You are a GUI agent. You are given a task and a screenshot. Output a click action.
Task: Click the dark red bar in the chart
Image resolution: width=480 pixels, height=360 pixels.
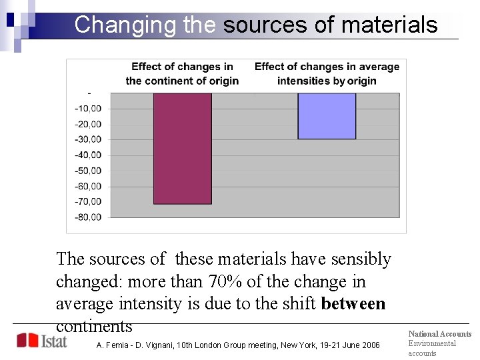coord(183,148)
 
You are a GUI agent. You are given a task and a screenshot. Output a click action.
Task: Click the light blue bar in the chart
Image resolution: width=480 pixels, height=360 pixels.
coord(327,116)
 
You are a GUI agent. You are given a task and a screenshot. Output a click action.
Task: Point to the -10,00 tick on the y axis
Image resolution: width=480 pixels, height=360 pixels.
coord(88,109)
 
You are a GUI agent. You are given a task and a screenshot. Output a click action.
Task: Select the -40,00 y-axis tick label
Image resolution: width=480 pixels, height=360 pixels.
coord(88,155)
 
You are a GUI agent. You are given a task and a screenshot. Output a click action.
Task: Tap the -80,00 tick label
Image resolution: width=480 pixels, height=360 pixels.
coord(88,217)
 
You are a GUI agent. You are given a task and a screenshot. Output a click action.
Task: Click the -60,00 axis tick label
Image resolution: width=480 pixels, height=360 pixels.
coord(88,186)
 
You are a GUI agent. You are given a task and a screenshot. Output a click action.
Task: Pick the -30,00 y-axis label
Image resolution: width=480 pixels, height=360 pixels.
coord(88,139)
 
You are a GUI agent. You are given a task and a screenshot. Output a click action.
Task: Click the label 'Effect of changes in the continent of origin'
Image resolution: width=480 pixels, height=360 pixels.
coord(182,74)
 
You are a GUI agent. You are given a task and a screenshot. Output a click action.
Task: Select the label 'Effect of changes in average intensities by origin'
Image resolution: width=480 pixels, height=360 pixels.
coord(327,74)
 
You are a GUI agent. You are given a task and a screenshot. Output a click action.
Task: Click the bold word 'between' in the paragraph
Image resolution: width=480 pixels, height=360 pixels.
coord(353,304)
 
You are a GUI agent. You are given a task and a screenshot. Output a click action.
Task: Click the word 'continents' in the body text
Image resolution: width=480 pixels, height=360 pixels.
coord(94,327)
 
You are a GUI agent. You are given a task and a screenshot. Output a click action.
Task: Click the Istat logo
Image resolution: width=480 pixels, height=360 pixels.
coord(41,341)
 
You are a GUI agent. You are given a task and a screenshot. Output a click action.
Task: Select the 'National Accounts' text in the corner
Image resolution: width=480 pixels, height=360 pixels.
coord(439,334)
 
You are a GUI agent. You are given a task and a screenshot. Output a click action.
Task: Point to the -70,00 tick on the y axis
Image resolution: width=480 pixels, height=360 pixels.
coord(88,201)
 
